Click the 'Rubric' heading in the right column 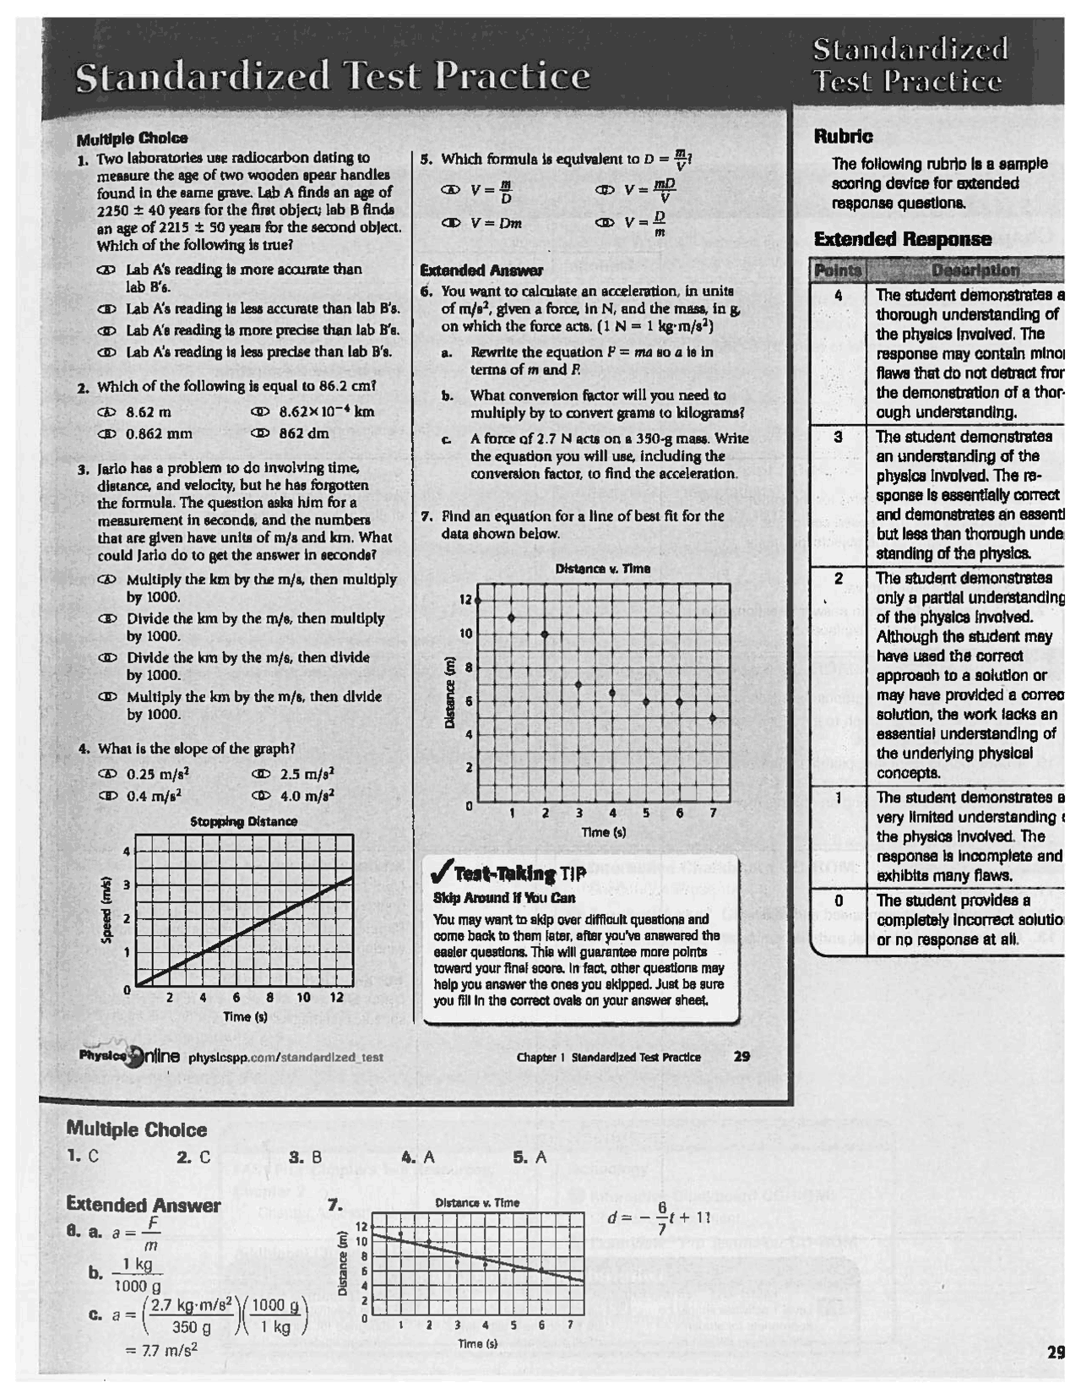[844, 136]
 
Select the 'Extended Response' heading [902, 239]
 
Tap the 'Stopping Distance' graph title [243, 821]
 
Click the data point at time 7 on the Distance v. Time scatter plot [713, 718]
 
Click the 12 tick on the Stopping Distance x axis [336, 998]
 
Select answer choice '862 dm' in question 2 [303, 433]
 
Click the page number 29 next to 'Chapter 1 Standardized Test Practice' [741, 1056]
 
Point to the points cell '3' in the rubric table [838, 437]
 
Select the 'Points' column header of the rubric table [838, 270]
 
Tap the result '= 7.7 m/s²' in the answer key [160, 1350]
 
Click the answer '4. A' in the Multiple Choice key [418, 1157]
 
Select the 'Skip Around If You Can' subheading [503, 898]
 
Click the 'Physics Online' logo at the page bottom [129, 1055]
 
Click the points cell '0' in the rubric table [838, 901]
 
